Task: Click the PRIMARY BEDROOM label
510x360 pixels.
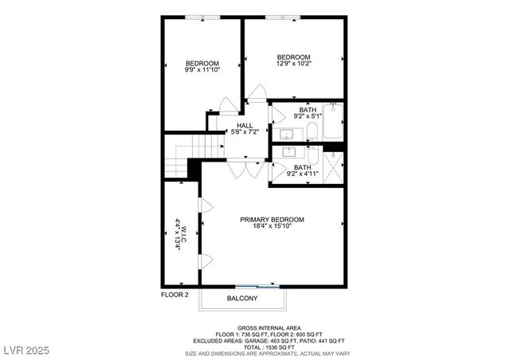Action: tap(272, 219)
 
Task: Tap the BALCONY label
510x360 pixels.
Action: tap(242, 299)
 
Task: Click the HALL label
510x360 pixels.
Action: tap(245, 126)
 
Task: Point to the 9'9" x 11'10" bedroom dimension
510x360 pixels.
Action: tap(202, 70)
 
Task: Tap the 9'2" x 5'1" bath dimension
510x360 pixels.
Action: tap(308, 115)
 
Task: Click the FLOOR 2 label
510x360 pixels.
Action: tap(175, 295)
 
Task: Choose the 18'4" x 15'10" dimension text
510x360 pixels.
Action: tap(272, 226)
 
